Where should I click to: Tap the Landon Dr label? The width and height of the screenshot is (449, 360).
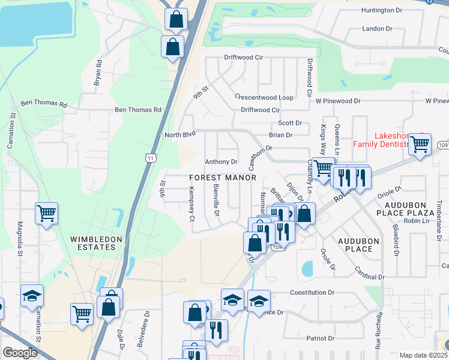tap(377, 29)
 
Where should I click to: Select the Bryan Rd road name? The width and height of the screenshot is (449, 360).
tap(98, 72)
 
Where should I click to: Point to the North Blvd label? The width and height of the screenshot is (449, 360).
tap(181, 135)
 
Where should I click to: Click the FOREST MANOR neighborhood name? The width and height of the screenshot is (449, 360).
tap(223, 178)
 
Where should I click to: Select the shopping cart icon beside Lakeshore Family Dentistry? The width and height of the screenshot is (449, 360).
tap(420, 144)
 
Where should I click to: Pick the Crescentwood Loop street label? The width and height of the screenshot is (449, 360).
tap(264, 97)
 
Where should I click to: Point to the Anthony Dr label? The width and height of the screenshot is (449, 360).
tap(221, 162)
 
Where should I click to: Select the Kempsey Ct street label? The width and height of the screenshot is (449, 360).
tap(192, 203)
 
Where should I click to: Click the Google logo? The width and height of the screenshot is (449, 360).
tap(20, 353)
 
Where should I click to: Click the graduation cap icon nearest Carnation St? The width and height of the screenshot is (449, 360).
tap(32, 296)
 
